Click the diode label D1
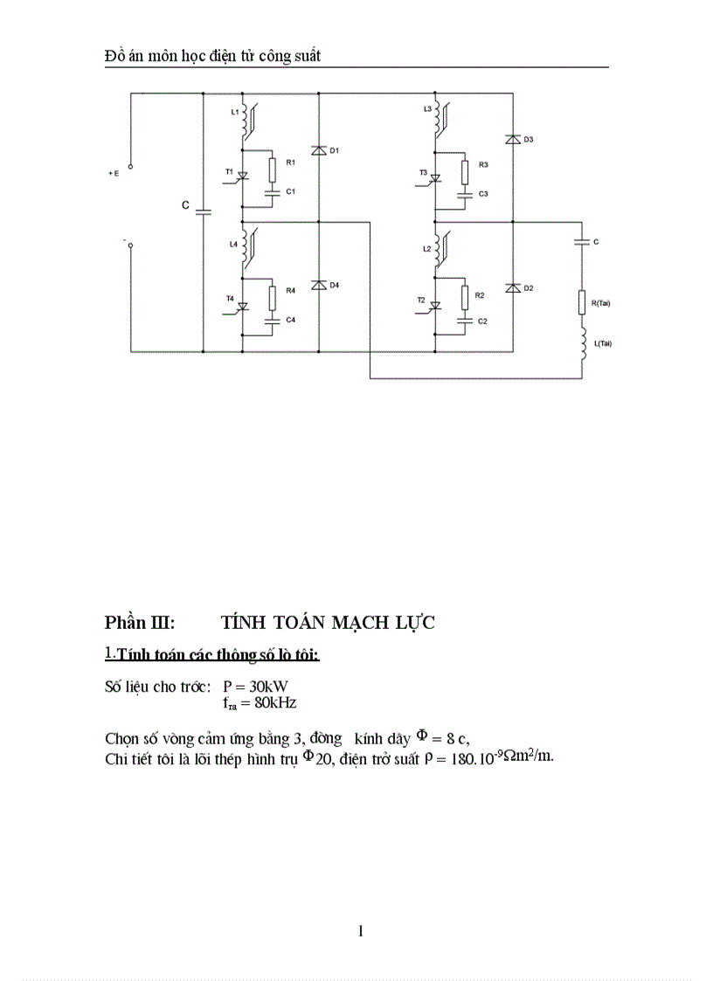point(334,151)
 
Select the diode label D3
point(529,140)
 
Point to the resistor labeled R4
point(273,297)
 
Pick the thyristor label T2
point(421,301)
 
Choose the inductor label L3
point(426,108)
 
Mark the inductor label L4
point(233,245)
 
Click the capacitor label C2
point(482,321)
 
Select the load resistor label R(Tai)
point(601,303)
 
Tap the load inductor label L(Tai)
point(602,343)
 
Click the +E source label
point(114,173)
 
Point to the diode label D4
point(334,286)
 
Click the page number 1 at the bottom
point(360,931)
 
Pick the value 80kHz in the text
point(269,701)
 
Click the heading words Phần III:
point(140,622)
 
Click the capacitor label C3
point(482,192)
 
